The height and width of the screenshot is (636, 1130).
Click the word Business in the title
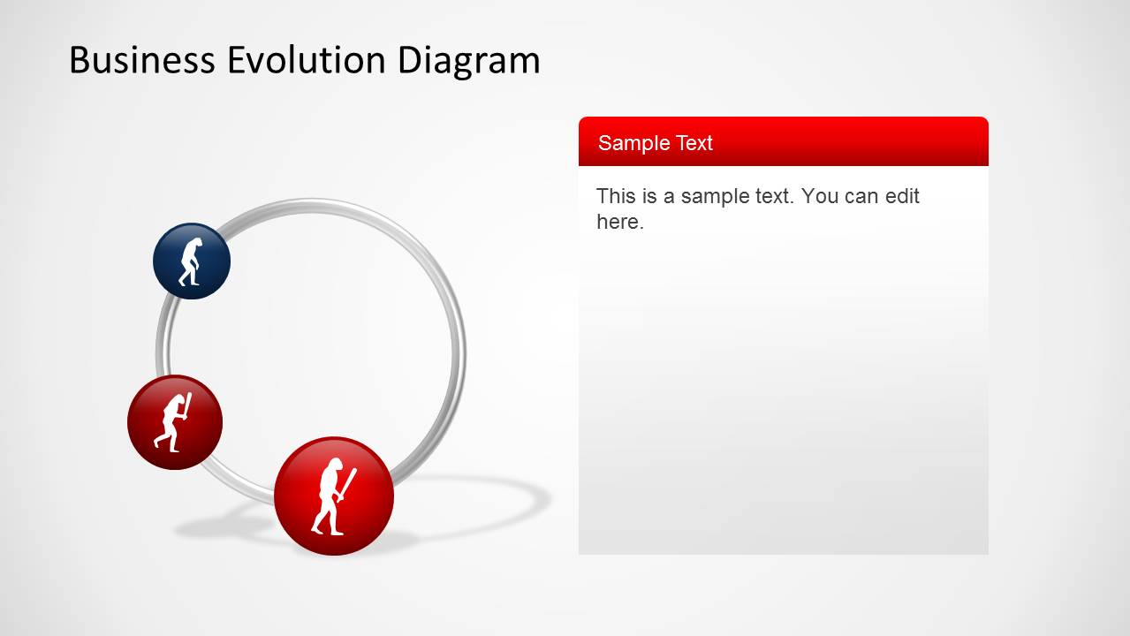[141, 60]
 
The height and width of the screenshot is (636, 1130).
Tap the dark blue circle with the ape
[192, 261]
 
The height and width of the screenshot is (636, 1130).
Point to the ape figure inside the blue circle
[190, 261]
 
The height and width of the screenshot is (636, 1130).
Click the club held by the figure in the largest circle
[349, 483]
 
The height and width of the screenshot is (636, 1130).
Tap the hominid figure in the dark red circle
[173, 422]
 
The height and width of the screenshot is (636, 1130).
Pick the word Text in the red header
[694, 143]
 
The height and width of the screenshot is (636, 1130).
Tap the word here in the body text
[618, 222]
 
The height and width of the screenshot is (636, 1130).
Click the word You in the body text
[820, 196]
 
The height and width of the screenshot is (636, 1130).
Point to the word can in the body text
[861, 196]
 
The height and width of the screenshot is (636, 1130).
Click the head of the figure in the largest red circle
[331, 467]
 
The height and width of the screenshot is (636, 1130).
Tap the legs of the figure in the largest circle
[327, 521]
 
